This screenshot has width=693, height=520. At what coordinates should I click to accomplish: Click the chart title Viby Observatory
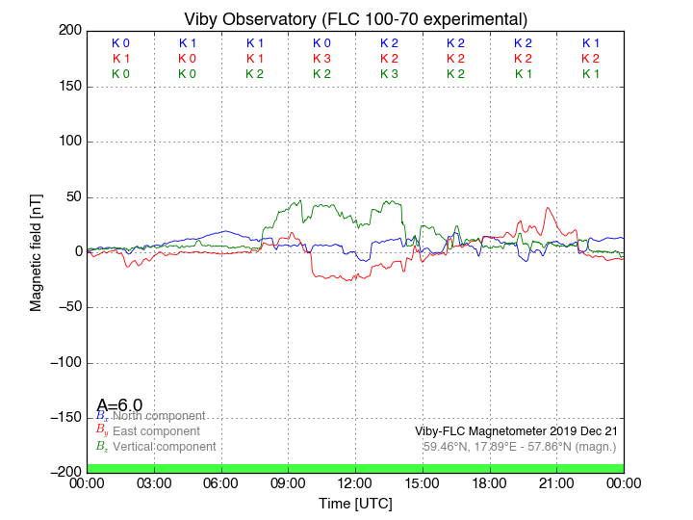355,19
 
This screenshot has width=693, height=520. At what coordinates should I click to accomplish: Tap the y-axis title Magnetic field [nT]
37,249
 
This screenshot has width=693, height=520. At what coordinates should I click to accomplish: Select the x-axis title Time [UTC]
355,504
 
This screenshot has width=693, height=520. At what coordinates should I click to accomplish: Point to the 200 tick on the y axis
69,31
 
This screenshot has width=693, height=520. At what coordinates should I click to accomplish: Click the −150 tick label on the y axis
64,418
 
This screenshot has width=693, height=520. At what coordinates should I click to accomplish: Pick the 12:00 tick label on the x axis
355,483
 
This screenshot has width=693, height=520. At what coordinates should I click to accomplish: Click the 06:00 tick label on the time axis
221,483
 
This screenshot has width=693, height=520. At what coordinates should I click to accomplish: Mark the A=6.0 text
119,405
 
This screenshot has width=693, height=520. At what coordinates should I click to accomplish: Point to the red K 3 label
321,59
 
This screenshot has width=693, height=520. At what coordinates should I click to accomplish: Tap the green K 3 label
389,74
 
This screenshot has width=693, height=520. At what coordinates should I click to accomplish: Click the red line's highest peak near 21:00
549,208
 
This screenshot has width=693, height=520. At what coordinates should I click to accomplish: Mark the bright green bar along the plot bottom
355,468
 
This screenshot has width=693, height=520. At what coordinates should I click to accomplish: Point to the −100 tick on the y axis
64,362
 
